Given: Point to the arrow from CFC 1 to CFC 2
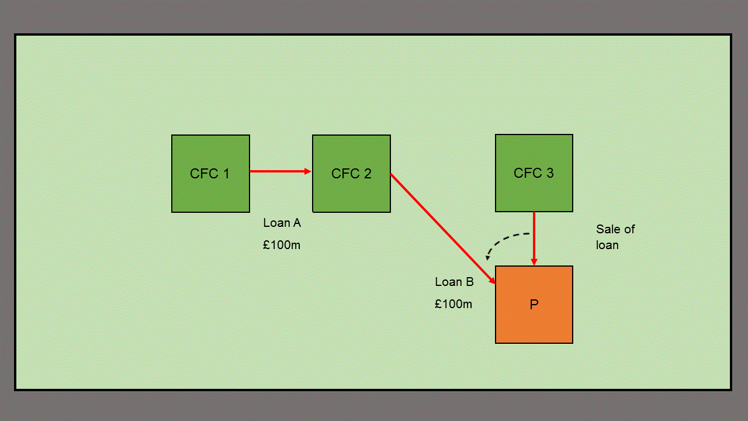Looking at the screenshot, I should click(x=278, y=171).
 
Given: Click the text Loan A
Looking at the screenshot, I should click(x=282, y=223).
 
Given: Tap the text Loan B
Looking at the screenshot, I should click(x=454, y=282).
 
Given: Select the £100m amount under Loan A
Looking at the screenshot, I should click(x=282, y=245).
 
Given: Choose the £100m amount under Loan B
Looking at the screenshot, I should click(x=453, y=304).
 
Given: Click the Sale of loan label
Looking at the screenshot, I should click(x=615, y=237).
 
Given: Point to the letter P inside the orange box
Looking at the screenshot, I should click(x=534, y=305).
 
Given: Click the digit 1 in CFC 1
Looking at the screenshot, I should click(x=226, y=174).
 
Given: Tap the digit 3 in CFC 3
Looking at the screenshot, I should click(x=550, y=173).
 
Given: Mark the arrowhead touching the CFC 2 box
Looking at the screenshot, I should click(x=308, y=171).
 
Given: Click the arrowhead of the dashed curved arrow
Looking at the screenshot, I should click(x=488, y=257).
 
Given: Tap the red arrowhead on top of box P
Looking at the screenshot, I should click(x=534, y=263).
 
